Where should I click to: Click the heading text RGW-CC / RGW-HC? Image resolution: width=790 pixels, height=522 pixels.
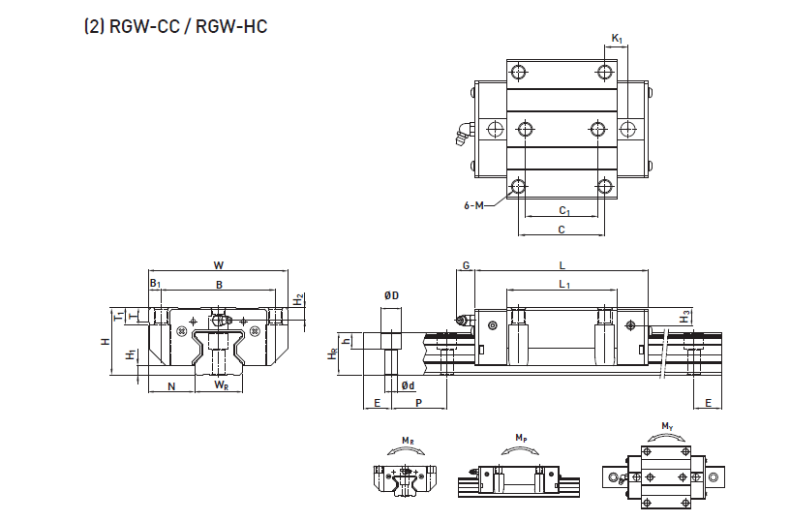174,26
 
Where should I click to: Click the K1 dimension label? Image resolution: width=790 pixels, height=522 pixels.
617,39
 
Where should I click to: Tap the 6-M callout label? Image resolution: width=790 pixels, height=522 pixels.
475,204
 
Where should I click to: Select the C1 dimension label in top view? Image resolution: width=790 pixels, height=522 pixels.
563,210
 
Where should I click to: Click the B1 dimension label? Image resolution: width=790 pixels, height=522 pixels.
155,284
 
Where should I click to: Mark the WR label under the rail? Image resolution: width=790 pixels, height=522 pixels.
221,386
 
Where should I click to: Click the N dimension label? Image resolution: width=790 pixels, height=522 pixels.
171,386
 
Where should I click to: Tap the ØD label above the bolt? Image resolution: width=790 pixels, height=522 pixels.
391,294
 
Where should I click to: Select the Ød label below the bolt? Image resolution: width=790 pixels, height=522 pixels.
408,385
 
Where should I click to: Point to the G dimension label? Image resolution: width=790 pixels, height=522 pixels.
466,265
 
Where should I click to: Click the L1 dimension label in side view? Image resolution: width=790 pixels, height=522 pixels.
563,284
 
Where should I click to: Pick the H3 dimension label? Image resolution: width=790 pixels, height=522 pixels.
685,317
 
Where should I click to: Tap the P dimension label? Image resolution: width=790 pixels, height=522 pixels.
418,402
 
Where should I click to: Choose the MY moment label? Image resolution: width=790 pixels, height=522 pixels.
667,427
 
